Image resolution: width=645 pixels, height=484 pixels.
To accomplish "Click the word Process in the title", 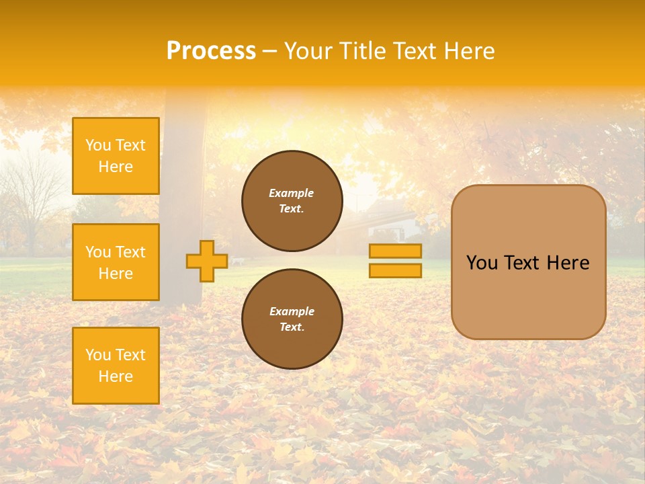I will [x=211, y=51].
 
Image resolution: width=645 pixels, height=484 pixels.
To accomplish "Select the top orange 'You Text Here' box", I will [x=116, y=156].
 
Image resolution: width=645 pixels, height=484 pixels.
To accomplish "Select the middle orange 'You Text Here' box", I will [x=116, y=262].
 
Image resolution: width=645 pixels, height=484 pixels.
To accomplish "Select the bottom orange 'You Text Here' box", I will [x=116, y=366].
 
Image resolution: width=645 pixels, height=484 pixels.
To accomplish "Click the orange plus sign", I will [x=206, y=261].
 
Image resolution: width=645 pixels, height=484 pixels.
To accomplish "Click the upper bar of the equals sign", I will [x=395, y=251].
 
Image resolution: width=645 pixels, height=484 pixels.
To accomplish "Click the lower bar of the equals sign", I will [x=395, y=271].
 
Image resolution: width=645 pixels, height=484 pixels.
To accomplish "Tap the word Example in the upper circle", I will [x=292, y=193].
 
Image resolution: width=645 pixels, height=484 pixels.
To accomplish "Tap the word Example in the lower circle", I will [x=292, y=311].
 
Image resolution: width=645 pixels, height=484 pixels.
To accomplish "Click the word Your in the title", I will [x=308, y=51].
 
